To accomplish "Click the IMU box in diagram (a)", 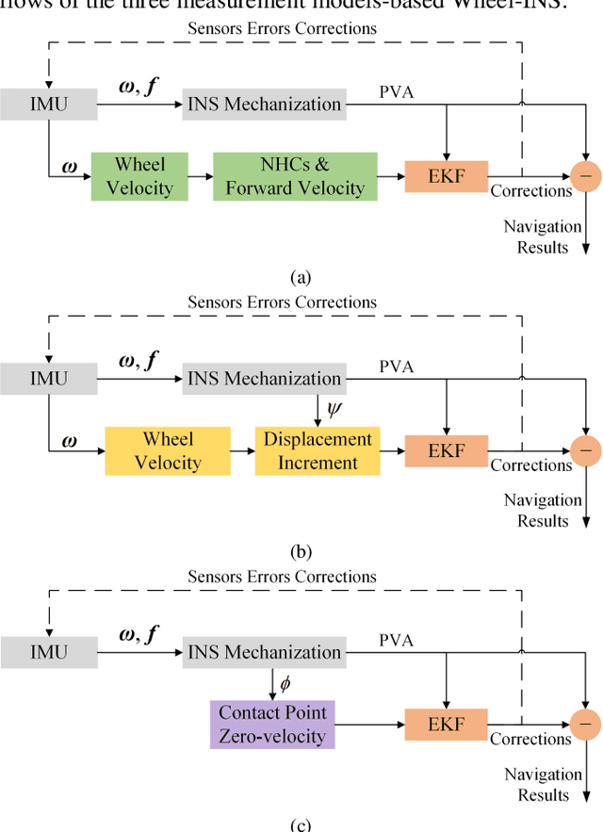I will [x=48, y=105].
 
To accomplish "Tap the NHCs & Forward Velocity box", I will [x=295, y=175].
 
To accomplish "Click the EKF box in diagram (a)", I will [x=447, y=175].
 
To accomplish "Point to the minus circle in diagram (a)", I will [x=586, y=175].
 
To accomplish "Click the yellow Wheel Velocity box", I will [x=167, y=449].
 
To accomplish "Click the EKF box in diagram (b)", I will [x=447, y=449].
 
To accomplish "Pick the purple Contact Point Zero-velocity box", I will [x=271, y=724].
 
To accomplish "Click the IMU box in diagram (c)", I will [x=48, y=652].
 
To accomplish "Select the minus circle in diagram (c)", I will [x=586, y=724].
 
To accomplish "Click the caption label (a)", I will [x=301, y=277].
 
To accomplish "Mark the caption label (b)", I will [x=301, y=551].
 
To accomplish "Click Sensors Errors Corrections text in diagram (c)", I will [x=282, y=577].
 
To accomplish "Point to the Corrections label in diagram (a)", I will [x=530, y=191].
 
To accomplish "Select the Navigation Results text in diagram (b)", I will [x=543, y=510].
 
